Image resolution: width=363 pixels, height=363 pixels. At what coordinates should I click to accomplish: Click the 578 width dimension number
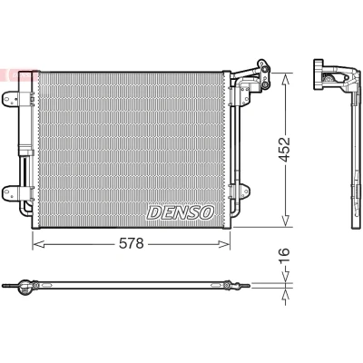pos(131,243)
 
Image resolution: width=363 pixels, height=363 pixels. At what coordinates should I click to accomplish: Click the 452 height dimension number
pos(284,150)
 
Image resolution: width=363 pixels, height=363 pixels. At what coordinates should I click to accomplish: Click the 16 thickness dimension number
pos(284,256)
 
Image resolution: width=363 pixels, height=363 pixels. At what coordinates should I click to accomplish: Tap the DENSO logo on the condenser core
pos(181,212)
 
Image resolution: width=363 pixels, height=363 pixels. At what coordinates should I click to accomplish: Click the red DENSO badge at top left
pos(18,74)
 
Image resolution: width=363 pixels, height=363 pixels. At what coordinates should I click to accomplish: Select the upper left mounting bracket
pos(14,99)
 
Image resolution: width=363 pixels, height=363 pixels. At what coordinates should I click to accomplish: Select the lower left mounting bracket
pos(14,192)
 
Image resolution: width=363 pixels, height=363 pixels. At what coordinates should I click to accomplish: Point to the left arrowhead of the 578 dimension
pos(39,244)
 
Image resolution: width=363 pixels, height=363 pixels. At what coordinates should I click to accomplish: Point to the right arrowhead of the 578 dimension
pos(224,244)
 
